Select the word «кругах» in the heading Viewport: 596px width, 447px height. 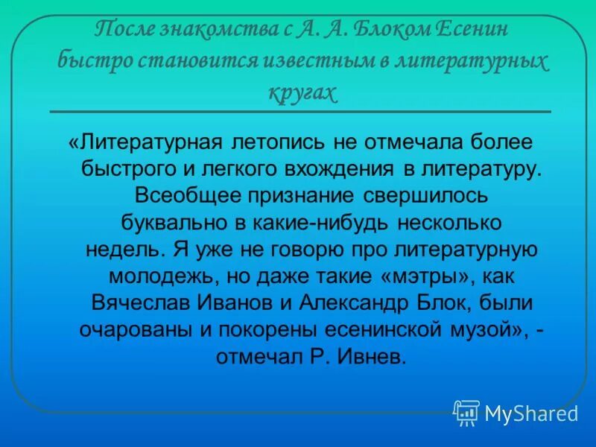[301, 91]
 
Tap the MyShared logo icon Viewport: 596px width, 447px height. [466, 412]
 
